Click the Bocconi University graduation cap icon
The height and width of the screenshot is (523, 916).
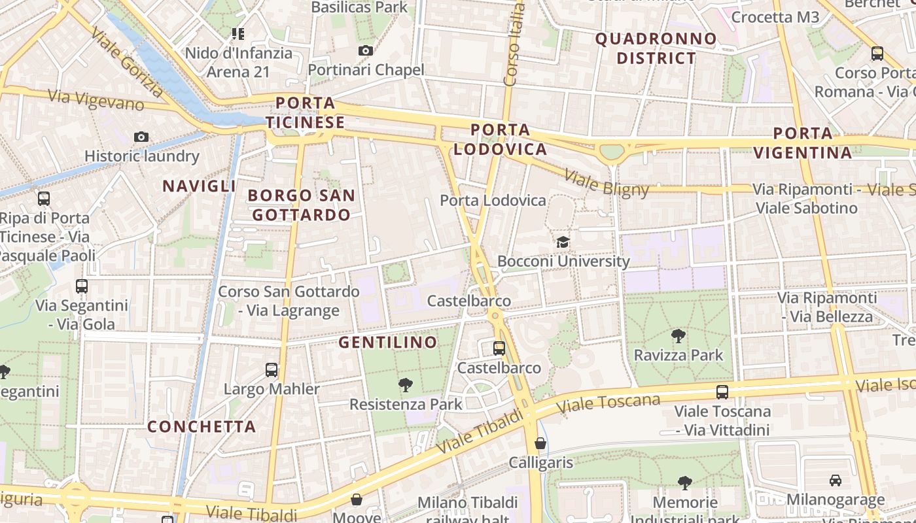coord(563,243)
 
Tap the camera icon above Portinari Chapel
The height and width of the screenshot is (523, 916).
coord(366,50)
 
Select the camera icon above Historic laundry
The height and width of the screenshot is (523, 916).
coord(141,137)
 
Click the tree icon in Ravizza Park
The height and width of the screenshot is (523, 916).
coord(678,336)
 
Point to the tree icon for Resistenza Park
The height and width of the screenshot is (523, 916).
coord(406,385)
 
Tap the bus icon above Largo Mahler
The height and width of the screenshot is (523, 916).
coord(272,370)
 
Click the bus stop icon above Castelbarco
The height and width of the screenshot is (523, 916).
coord(499,348)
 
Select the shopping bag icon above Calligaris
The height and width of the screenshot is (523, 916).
coord(540,443)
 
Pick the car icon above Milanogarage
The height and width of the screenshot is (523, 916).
coord(836,481)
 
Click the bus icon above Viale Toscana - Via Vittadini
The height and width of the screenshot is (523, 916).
coord(722,392)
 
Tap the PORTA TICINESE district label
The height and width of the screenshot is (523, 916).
coord(305,112)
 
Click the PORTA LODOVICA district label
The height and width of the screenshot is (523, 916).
coord(501,139)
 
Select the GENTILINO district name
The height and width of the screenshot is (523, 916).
coord(387,342)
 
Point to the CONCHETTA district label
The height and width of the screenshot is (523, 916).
coord(202,426)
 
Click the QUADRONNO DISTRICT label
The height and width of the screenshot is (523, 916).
coord(656,48)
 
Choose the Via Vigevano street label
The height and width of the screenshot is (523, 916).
coord(96,99)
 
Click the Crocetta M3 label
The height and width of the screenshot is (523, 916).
coord(775,17)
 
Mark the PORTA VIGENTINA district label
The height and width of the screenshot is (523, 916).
coord(803,143)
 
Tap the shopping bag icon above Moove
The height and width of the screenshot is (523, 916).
coord(357,500)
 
